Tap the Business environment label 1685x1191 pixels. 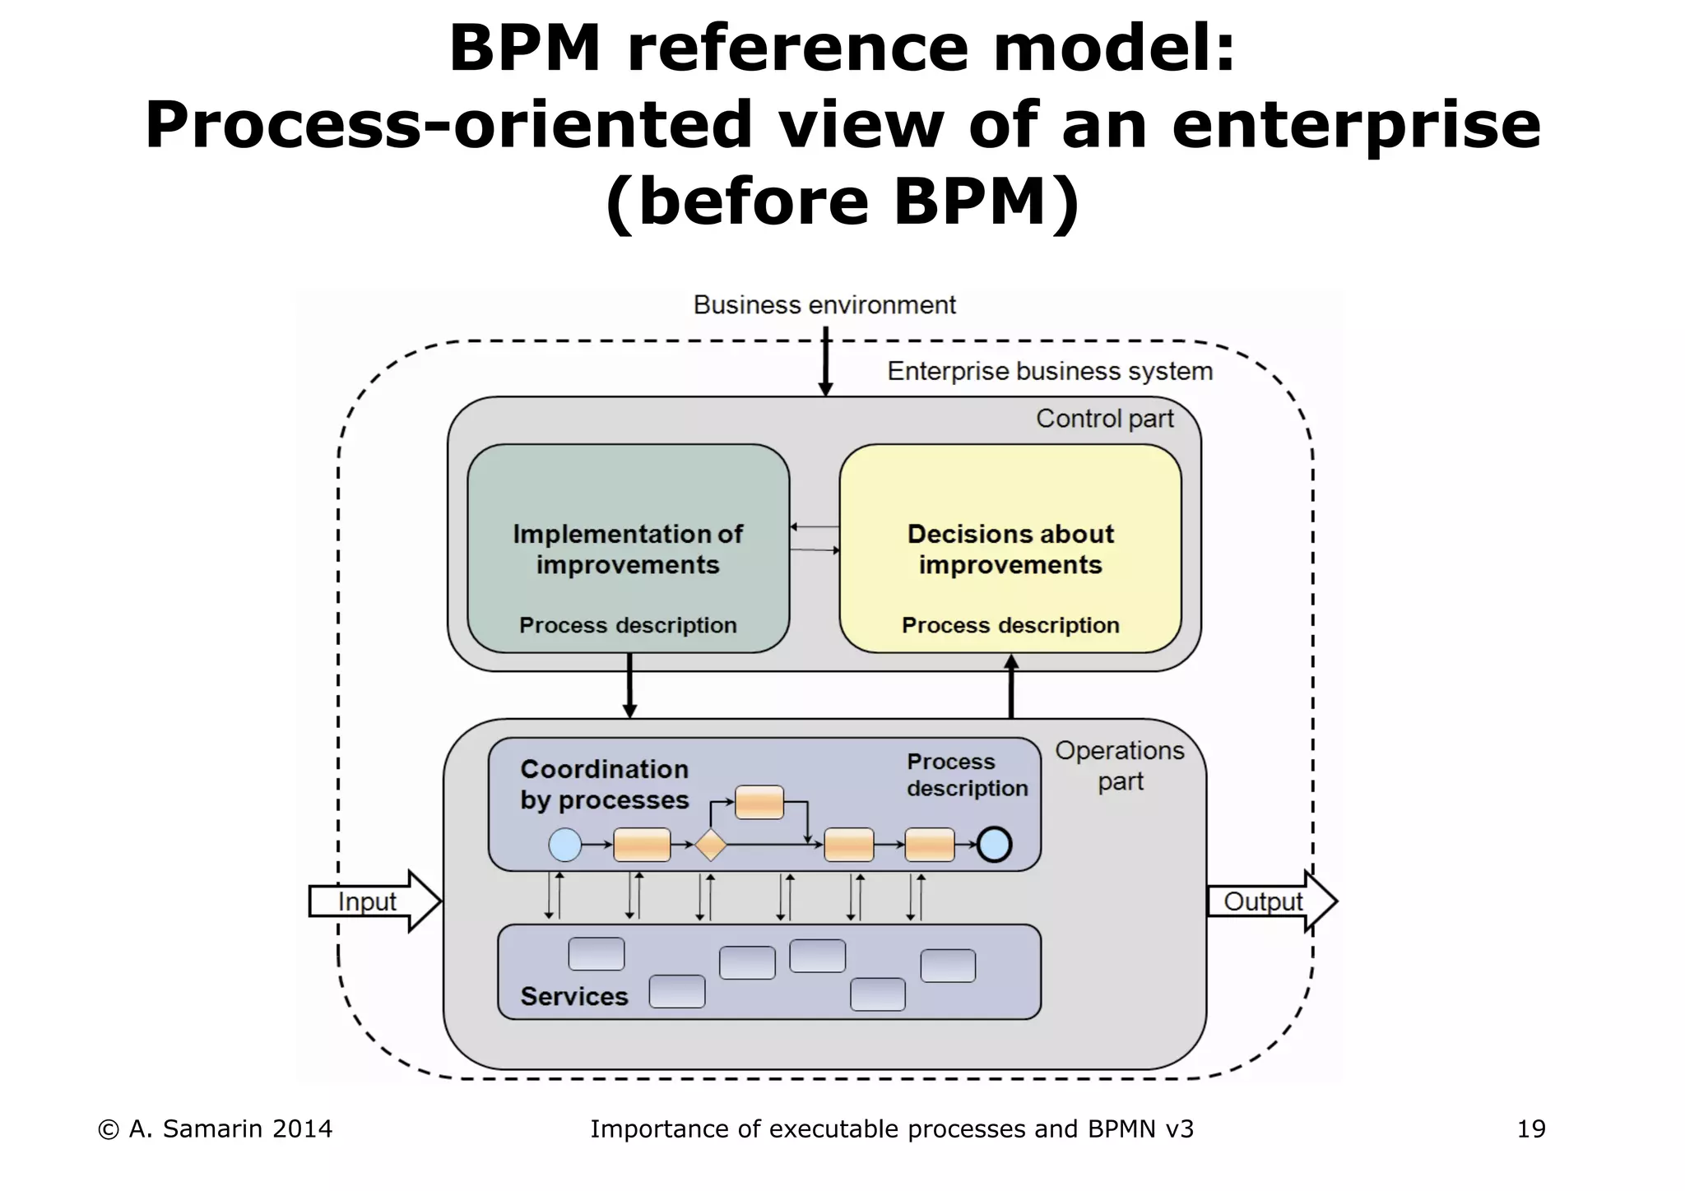click(824, 305)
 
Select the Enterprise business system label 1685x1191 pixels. click(1050, 372)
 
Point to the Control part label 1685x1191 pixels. click(1104, 419)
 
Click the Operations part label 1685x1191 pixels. click(1120, 766)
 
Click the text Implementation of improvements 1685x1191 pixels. click(628, 549)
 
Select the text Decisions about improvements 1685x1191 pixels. click(1010, 549)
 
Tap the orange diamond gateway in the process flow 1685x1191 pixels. click(710, 845)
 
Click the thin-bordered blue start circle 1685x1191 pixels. click(565, 845)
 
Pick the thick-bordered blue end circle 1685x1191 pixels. click(994, 845)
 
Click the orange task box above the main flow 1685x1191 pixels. click(759, 802)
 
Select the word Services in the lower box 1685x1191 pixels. click(574, 997)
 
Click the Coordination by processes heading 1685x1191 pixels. click(605, 785)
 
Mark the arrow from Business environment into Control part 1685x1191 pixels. click(825, 362)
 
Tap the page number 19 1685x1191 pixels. click(1531, 1129)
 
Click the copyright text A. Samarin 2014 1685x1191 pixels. click(216, 1129)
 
